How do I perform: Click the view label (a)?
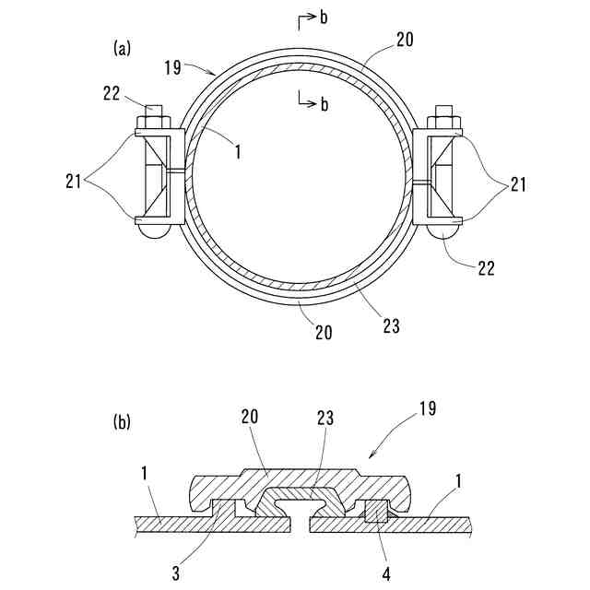coord(121,49)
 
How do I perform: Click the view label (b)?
coord(121,423)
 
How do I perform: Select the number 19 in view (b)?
coord(426,408)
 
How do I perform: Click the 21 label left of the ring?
coord(75,183)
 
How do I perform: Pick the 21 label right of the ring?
coord(517,185)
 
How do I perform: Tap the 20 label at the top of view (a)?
coord(405,40)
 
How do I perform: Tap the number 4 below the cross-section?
coord(386,573)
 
